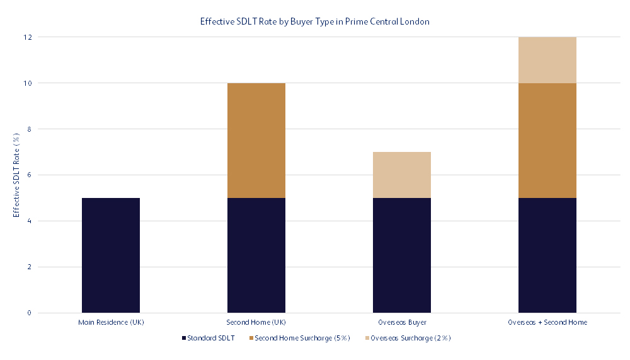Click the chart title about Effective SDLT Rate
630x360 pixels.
[x=315, y=21]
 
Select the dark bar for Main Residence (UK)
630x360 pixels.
[x=111, y=255]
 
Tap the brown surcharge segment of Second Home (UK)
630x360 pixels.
[x=256, y=140]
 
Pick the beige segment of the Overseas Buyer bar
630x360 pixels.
[x=402, y=175]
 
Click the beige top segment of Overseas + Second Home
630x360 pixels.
[x=547, y=59]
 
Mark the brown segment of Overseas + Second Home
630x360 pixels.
[x=547, y=140]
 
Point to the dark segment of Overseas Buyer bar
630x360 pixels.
[x=402, y=255]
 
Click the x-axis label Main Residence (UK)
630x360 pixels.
[x=111, y=322]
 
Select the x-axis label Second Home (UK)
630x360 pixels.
[x=256, y=322]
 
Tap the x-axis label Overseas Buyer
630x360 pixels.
[x=402, y=322]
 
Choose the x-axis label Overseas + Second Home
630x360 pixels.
[x=547, y=322]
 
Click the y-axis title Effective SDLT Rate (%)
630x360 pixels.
[x=17, y=175]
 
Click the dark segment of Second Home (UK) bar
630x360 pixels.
[x=256, y=255]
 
